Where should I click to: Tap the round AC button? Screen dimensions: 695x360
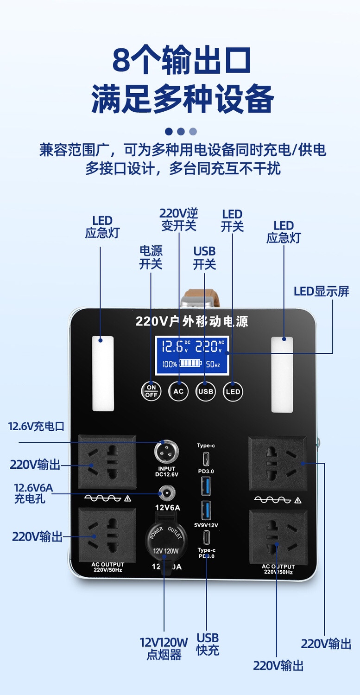[178, 391]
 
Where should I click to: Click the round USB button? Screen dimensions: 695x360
[205, 391]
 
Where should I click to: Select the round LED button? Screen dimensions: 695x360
[233, 391]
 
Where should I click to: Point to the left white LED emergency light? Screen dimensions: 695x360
[103, 373]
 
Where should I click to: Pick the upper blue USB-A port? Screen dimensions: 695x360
[206, 485]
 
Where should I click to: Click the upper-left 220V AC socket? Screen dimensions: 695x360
[107, 461]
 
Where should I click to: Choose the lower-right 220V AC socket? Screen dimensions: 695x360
[278, 537]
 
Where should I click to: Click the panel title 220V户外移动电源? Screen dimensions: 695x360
[192, 321]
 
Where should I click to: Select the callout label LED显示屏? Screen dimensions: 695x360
[322, 291]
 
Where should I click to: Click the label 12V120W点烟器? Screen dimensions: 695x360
[164, 648]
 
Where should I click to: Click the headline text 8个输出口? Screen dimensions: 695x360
[182, 60]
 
